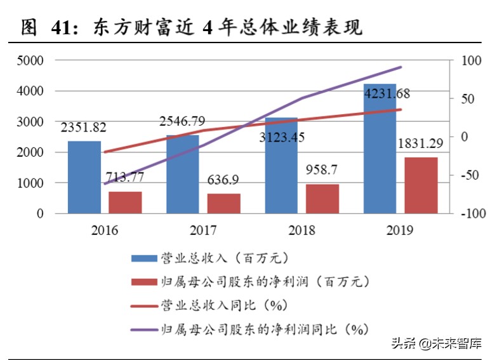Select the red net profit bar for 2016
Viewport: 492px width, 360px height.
124,203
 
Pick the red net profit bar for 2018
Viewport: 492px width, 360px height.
322,199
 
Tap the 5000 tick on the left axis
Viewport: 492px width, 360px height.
30,61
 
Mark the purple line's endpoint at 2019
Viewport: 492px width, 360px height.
401,67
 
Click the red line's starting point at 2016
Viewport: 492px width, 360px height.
104,152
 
